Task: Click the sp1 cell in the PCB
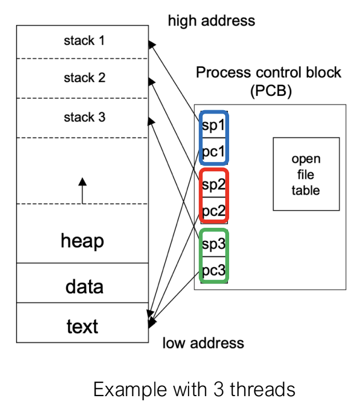(214, 125)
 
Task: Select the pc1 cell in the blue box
(214, 151)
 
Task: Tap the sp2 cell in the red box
(214, 184)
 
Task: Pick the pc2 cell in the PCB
(214, 210)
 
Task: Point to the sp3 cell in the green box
(214, 243)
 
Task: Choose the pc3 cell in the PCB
(214, 269)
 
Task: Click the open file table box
(306, 174)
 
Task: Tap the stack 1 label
(84, 41)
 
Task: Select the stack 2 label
(85, 78)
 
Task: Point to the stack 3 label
(85, 117)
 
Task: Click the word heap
(82, 241)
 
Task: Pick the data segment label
(84, 287)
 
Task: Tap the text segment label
(82, 327)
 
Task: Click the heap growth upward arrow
(82, 191)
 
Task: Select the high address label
(211, 21)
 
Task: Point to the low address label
(203, 343)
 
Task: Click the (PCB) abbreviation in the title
(271, 91)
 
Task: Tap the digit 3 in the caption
(218, 389)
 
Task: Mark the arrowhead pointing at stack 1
(151, 45)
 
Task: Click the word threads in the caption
(263, 389)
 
